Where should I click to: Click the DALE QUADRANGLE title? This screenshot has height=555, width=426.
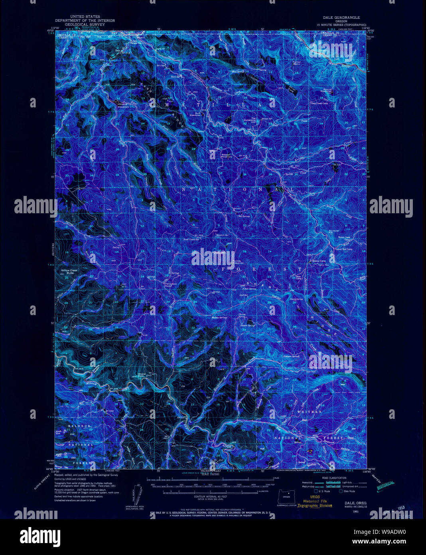coord(341,18)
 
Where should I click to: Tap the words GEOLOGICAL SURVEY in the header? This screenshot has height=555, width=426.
coord(85,24)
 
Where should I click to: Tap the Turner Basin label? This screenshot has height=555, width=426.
coord(297,63)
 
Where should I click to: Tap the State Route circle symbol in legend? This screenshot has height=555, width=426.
coord(341,491)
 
